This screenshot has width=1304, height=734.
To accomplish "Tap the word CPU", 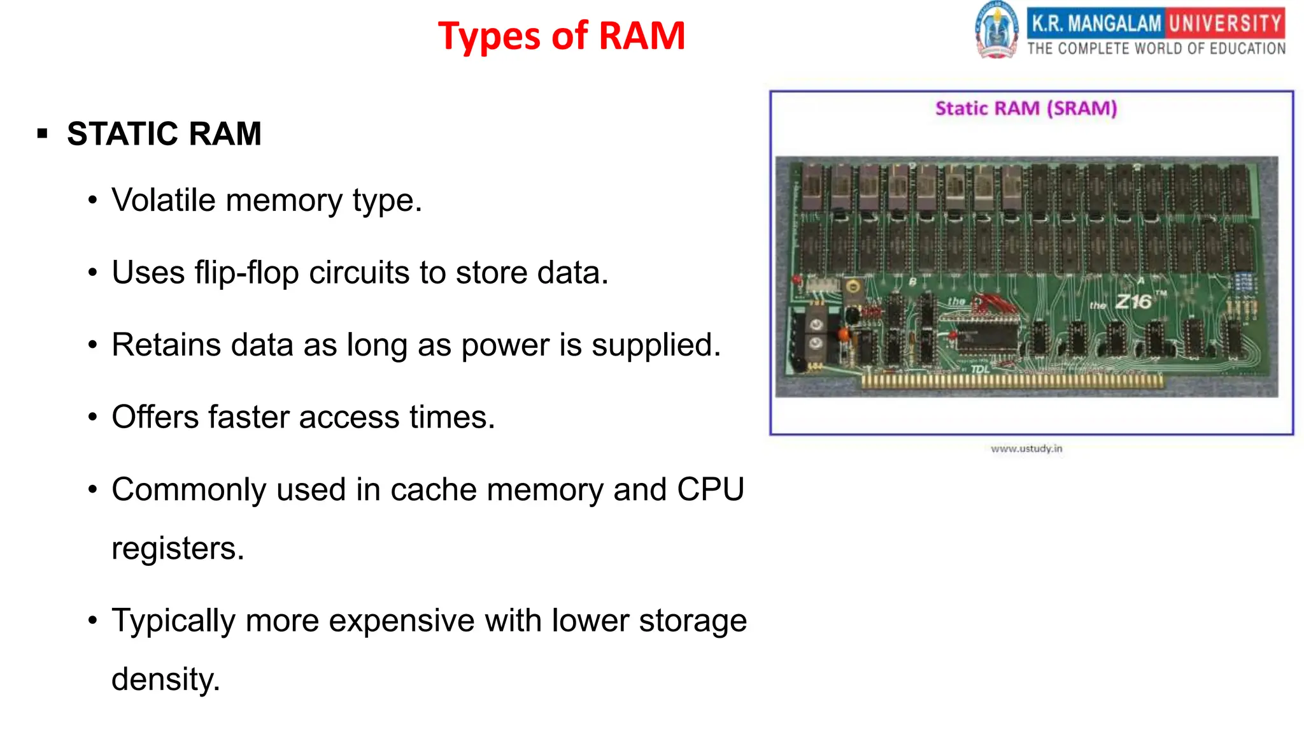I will tap(710, 490).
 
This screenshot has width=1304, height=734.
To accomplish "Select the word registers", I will tap(178, 549).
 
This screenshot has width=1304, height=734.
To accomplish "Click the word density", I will tap(165, 679).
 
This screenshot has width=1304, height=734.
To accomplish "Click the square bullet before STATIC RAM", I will tap(43, 134).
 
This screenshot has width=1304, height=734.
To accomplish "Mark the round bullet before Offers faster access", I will tap(93, 417).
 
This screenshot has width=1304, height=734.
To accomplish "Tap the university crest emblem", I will tap(996, 31).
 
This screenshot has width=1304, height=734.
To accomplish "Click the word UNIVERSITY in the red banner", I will tap(1225, 24).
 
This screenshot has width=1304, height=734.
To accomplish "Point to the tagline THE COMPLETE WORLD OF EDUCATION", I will tap(1156, 49).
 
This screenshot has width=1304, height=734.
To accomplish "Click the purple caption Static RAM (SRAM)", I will tap(1026, 108).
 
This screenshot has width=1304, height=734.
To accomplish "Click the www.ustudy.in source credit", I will tap(1026, 449).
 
